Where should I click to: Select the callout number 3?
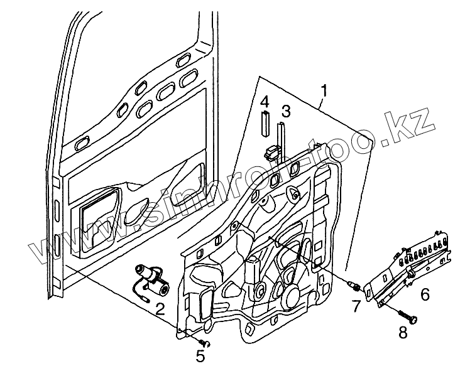[285, 111]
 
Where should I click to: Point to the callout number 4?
[265, 102]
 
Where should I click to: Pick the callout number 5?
[200, 357]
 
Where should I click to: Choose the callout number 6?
[425, 293]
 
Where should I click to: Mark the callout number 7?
[356, 306]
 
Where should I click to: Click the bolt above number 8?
[405, 315]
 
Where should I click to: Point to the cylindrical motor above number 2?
[151, 277]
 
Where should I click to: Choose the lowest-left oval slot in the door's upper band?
[82, 144]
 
